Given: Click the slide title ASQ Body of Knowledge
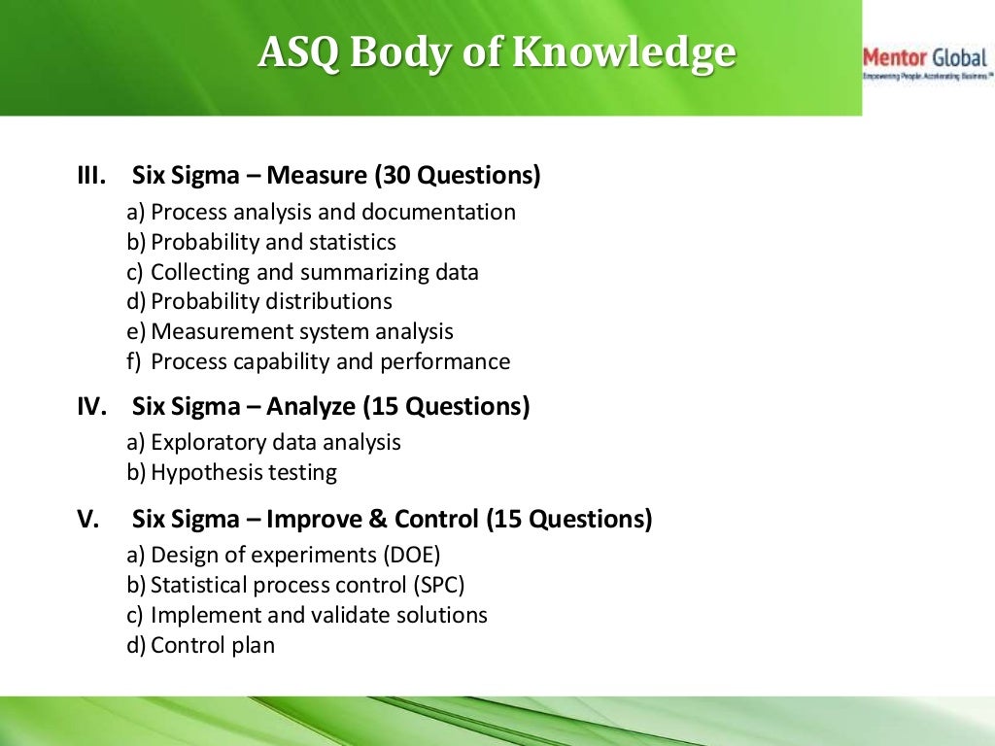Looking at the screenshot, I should click(x=497, y=53).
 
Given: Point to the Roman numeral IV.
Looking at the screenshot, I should click(x=91, y=406).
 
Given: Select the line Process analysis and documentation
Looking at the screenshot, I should click(x=333, y=213).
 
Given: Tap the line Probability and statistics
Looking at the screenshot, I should click(x=273, y=242).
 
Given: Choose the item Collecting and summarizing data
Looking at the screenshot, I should click(x=315, y=273).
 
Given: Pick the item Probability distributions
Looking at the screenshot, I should click(x=271, y=302).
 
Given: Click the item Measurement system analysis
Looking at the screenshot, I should click(x=302, y=332).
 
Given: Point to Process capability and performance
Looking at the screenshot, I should click(x=330, y=362).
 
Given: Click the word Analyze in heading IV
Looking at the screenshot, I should click(x=313, y=406).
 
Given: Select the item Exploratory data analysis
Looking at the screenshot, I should click(x=276, y=443).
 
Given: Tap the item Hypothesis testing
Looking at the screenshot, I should click(x=244, y=473).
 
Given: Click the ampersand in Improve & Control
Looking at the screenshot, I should click(x=378, y=520).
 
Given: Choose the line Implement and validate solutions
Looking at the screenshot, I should click(x=320, y=616).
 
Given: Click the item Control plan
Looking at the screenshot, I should click(x=213, y=646).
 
